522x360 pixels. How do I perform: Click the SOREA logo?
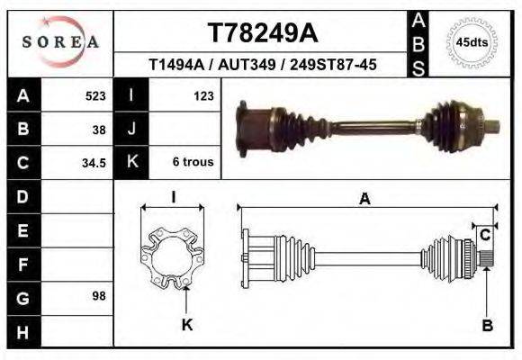point(60,41)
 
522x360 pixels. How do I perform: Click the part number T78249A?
point(262,33)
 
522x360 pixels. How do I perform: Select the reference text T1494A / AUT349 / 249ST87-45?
point(262,66)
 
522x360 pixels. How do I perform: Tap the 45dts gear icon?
point(472,42)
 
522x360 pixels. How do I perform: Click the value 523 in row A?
point(94,95)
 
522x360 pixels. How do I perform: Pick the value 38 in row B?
point(99,129)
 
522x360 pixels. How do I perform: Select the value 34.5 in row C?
point(94,163)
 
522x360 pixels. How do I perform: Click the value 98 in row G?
point(99,295)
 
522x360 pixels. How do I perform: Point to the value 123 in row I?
point(202,95)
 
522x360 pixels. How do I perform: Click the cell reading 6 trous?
point(193,163)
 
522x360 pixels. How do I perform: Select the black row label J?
point(131,129)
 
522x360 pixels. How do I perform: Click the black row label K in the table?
point(131,163)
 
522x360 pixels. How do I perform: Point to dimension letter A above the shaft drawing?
point(364,199)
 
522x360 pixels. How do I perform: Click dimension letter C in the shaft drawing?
point(485,235)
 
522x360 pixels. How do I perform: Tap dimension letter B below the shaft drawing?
point(487,326)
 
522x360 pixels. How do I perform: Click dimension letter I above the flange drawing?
point(173,197)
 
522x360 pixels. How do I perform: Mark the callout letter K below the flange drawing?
point(187,325)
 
